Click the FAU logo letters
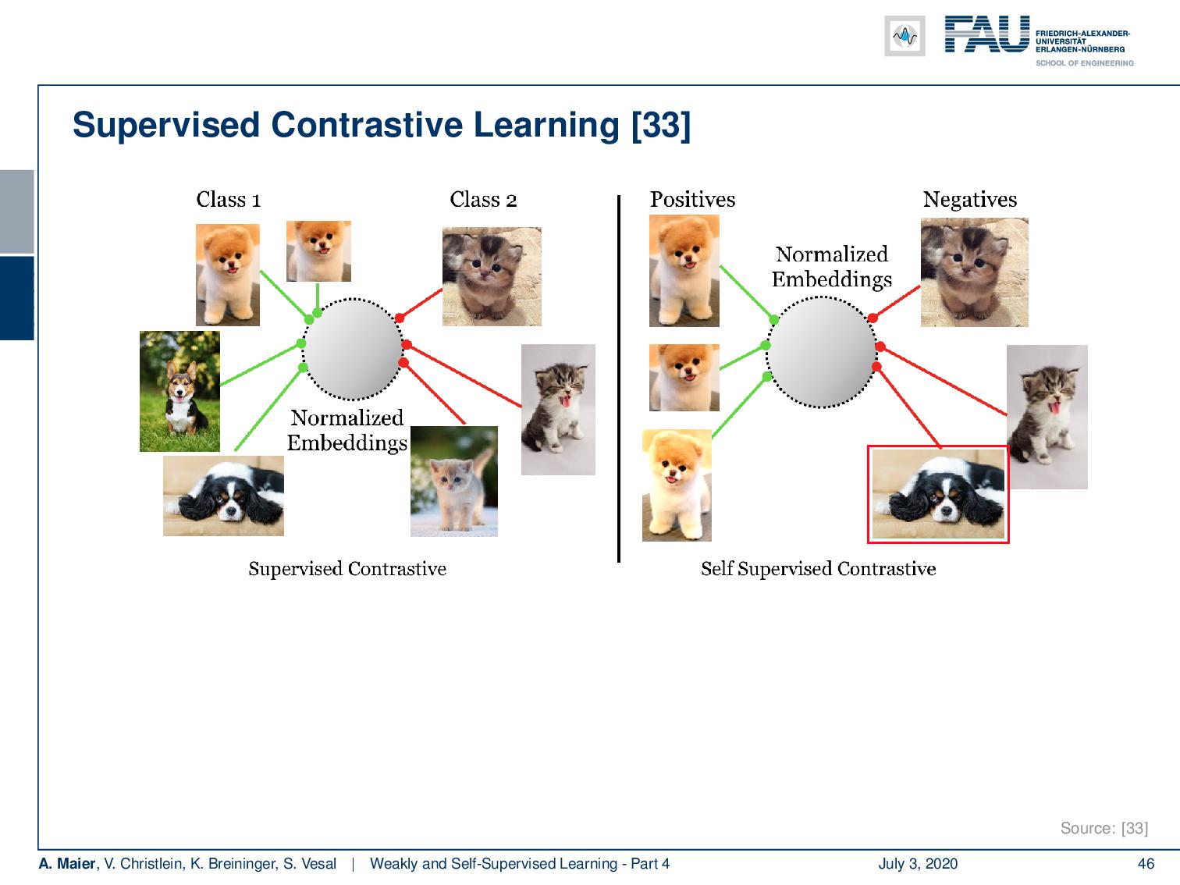pyautogui.click(x=987, y=34)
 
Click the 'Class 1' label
pyautogui.click(x=229, y=200)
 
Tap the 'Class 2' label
pyautogui.click(x=483, y=200)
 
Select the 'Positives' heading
pyautogui.click(x=692, y=200)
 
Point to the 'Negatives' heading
pyautogui.click(x=970, y=200)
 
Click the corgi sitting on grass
pyautogui.click(x=179, y=391)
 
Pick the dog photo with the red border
pyautogui.click(x=938, y=494)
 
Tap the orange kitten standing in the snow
pyautogui.click(x=454, y=482)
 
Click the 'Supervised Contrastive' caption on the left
pyautogui.click(x=347, y=569)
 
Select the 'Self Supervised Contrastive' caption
pyautogui.click(x=818, y=569)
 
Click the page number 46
pyautogui.click(x=1146, y=864)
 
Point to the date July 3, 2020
pyautogui.click(x=918, y=864)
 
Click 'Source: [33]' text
pyautogui.click(x=1104, y=829)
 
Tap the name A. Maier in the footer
pyautogui.click(x=66, y=864)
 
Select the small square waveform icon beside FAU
pyautogui.click(x=905, y=36)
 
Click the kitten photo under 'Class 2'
pyautogui.click(x=492, y=277)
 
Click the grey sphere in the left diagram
pyautogui.click(x=352, y=350)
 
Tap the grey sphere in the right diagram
pyautogui.click(x=821, y=353)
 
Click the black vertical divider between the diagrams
pyautogui.click(x=619, y=379)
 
